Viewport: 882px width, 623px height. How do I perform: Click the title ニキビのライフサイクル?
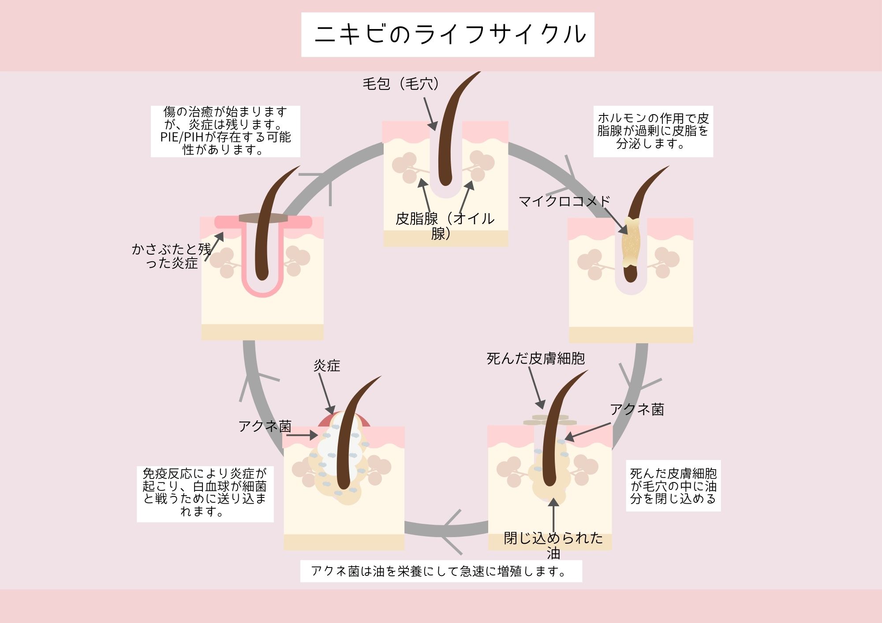pos(448,34)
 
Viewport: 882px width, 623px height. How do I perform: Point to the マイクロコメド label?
pos(564,201)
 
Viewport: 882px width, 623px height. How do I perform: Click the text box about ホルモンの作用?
pos(653,131)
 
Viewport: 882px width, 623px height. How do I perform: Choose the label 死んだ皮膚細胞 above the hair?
pos(535,359)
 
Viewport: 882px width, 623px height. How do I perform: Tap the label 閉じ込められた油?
pos(553,545)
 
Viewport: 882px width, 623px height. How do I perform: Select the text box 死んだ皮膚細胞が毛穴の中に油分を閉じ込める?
pos(673,486)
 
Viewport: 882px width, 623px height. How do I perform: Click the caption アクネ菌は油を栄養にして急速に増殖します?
pos(441,571)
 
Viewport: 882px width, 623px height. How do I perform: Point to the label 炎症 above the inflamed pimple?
pos(327,365)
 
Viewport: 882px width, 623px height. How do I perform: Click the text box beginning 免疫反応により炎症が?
pos(205,493)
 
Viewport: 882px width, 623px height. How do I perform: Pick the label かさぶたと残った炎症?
pos(172,256)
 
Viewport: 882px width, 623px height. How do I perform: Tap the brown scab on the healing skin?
pos(263,218)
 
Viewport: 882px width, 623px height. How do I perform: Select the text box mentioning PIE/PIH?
pos(225,131)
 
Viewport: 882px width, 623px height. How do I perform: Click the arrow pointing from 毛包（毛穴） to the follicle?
pos(430,114)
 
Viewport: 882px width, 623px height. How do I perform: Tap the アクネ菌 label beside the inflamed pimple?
pos(265,426)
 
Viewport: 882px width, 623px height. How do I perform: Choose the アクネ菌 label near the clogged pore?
pos(636,409)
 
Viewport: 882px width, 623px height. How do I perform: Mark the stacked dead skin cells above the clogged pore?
pos(549,420)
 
